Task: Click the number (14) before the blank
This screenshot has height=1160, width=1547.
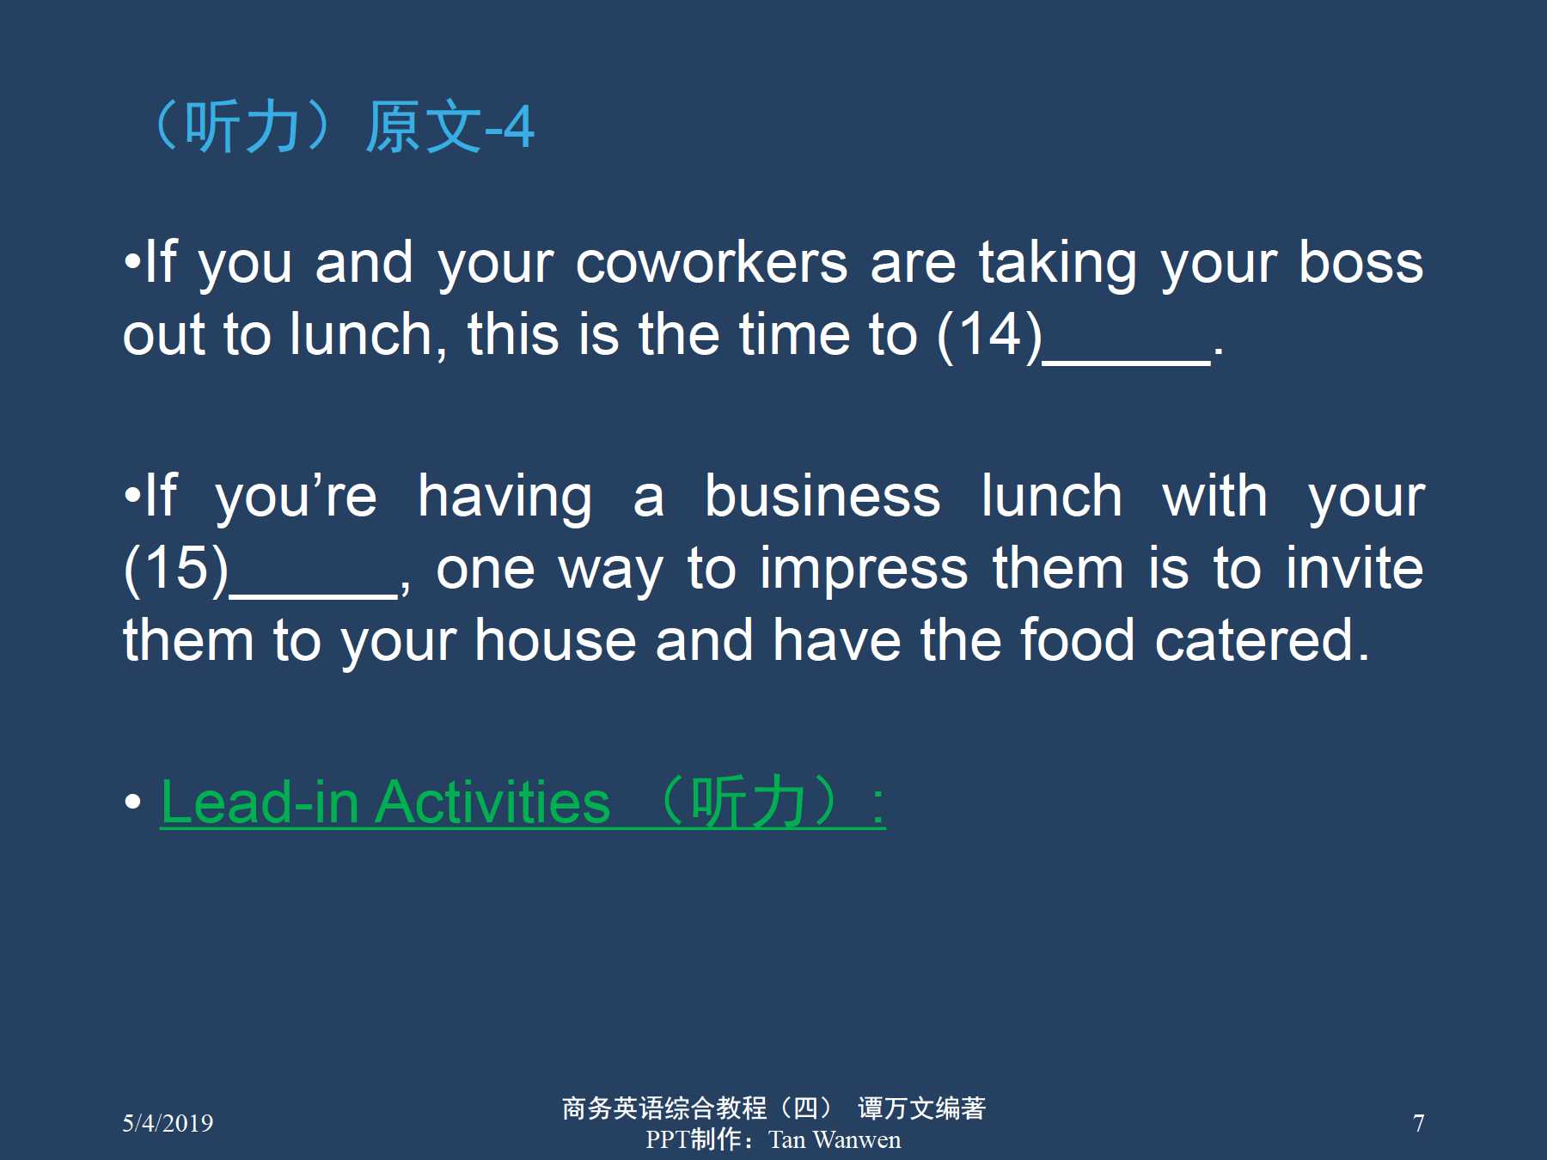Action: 989,335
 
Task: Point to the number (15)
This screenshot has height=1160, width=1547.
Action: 176,569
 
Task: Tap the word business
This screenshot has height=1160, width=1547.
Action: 822,497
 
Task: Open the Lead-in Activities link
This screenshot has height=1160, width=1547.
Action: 523,803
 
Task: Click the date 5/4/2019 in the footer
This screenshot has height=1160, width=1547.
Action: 168,1123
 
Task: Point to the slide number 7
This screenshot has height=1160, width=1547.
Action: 1419,1123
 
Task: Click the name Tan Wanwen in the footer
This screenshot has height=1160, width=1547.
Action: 835,1139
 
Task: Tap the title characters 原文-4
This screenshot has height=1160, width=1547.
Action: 449,127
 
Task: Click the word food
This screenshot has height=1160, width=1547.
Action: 1078,640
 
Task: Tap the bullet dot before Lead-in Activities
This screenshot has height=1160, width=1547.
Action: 132,803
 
